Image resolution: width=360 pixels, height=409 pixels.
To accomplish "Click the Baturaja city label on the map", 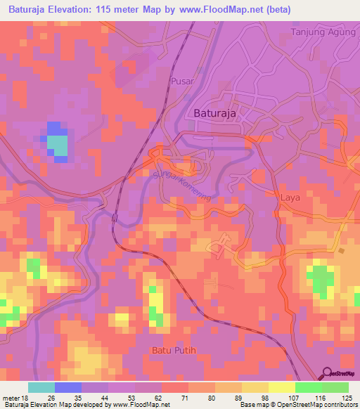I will point(213,113).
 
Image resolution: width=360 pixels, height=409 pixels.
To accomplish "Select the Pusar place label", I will point(181,82).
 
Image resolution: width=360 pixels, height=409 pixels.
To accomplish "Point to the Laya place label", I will point(290,197).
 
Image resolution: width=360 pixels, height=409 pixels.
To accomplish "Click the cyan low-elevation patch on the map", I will point(58,145).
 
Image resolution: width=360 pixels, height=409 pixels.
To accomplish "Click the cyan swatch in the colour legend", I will point(41,387).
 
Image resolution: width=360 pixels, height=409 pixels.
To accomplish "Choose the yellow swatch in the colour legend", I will point(282,387).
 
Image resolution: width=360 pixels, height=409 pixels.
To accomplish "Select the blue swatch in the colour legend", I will point(68,387).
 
